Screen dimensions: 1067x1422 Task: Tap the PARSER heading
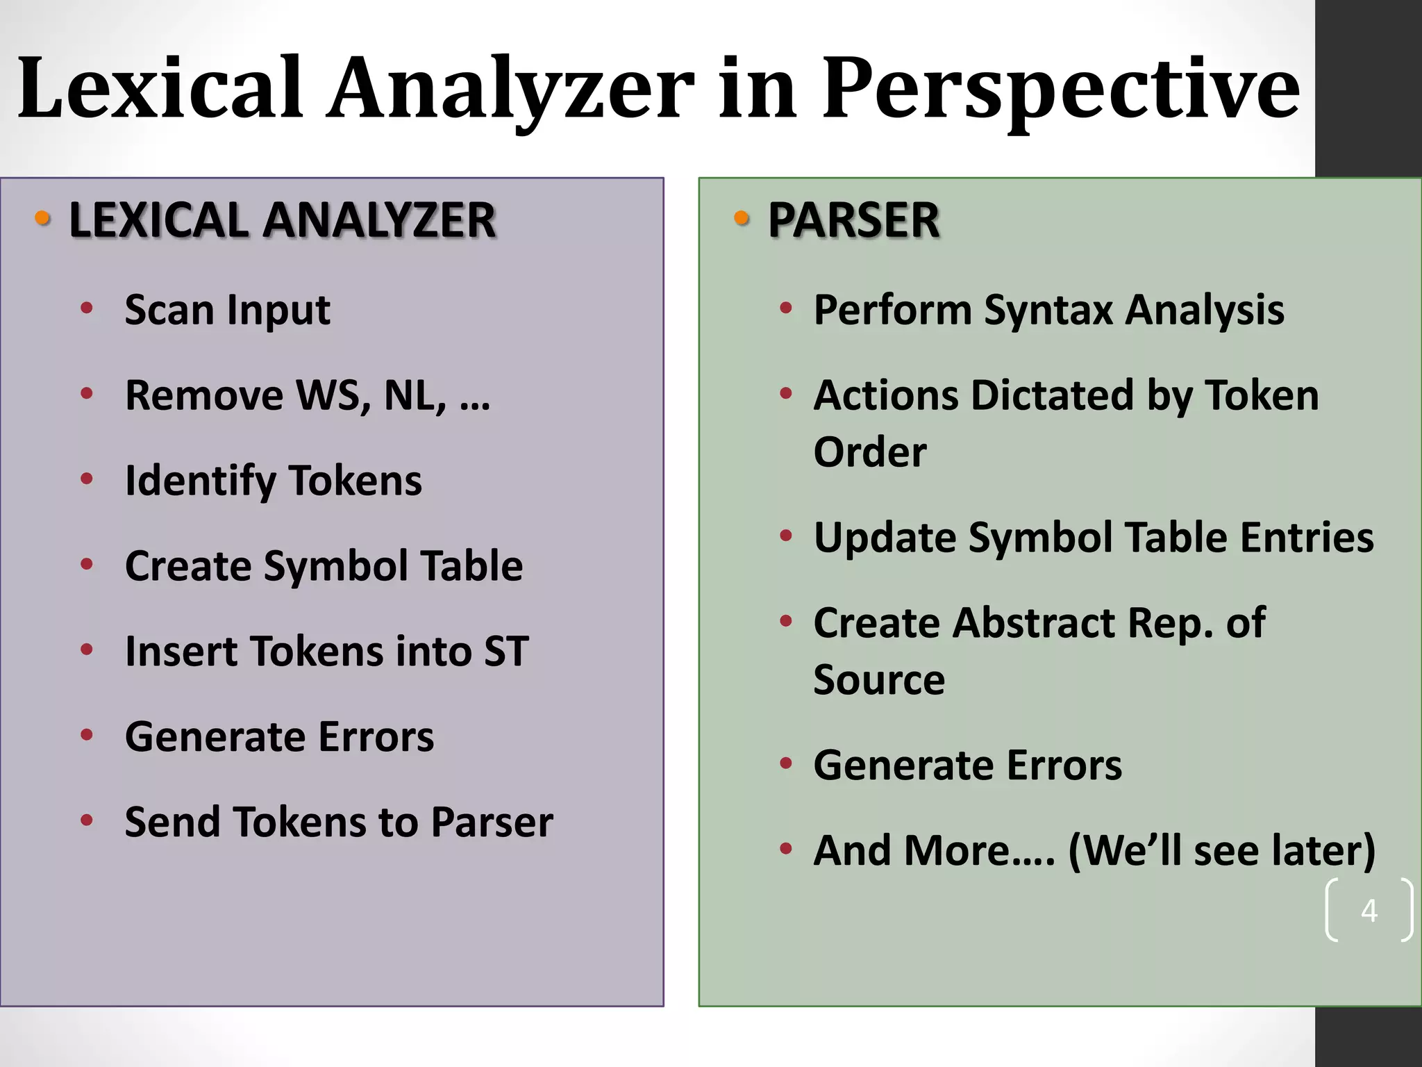[x=853, y=220]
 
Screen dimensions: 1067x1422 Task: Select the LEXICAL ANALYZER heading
[x=282, y=220]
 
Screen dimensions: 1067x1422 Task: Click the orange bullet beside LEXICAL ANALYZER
[x=43, y=218]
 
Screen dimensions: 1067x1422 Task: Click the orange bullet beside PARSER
[x=742, y=218]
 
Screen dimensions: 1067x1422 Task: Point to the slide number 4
[x=1369, y=910]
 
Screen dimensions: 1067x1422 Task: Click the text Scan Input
[x=227, y=310]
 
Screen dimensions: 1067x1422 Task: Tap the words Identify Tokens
[x=273, y=481]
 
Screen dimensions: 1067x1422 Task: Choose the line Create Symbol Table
[x=324, y=565]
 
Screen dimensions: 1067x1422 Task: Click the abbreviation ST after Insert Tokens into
[x=506, y=652]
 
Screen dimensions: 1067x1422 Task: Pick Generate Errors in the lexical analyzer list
[x=279, y=736]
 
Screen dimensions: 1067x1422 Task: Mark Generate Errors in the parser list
[x=967, y=766]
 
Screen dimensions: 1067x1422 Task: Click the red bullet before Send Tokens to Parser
[x=87, y=820]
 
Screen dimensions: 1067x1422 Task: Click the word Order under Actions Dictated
[x=870, y=452]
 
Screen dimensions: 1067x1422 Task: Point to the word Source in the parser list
[x=879, y=679]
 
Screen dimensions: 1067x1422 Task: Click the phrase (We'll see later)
[x=1221, y=851]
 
